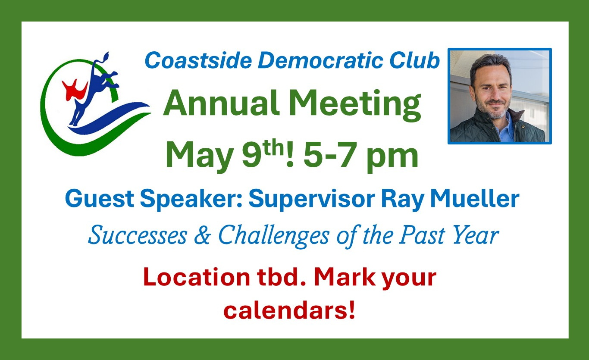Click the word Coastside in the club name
[x=198, y=60]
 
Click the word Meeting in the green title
[x=355, y=105]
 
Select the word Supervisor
[x=312, y=200]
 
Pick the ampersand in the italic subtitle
[x=203, y=235]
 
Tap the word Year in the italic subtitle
[x=476, y=235]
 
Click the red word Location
[x=197, y=277]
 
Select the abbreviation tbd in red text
[x=282, y=277]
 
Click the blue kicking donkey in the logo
[x=93, y=89]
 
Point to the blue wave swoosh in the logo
[x=110, y=118]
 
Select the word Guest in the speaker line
[x=100, y=199]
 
